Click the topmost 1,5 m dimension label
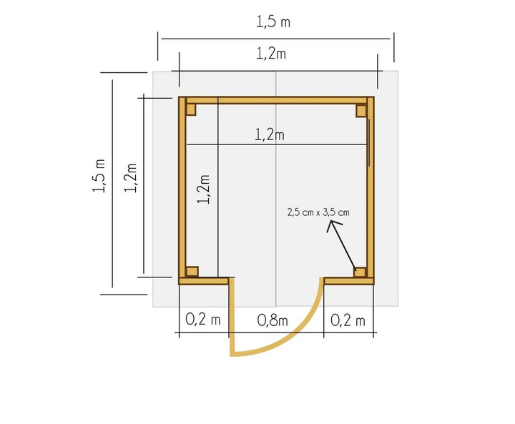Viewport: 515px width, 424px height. tap(273, 22)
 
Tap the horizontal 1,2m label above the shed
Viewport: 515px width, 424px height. tap(271, 54)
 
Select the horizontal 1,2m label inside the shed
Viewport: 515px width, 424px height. tap(270, 134)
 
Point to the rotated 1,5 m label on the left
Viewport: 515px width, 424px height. tap(99, 175)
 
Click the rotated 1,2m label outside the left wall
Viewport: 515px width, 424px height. tap(130, 177)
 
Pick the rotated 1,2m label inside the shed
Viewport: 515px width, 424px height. tap(203, 189)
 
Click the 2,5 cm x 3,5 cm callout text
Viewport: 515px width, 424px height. tap(318, 212)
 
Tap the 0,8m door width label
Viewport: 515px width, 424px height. tap(273, 320)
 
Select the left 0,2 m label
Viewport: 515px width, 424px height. tap(203, 319)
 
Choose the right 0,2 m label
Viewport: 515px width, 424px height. tap(348, 320)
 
